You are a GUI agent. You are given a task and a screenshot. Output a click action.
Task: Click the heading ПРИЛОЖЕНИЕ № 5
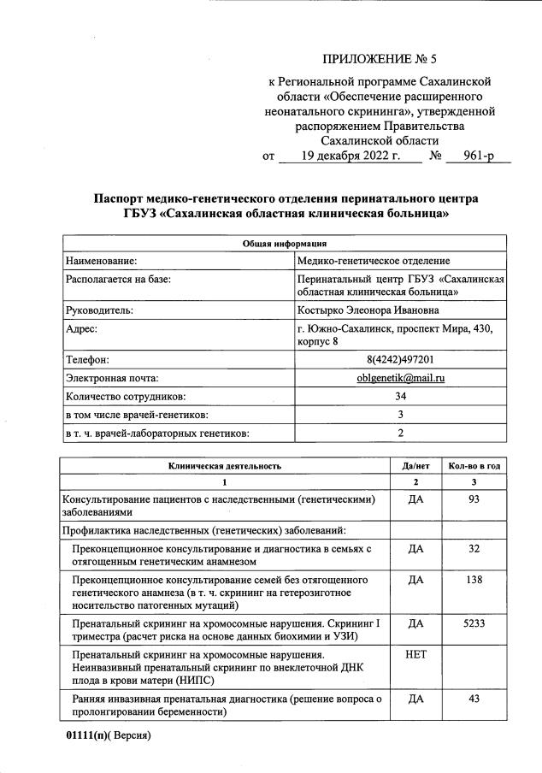point(380,59)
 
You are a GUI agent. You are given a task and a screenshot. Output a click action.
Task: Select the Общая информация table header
point(286,244)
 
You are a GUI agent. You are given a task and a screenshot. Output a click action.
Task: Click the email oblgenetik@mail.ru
point(401,378)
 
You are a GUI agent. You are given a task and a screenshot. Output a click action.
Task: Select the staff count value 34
point(400,397)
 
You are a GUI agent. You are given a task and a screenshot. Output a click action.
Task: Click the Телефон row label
point(88,359)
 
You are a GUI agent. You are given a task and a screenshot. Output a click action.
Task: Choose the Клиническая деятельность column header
point(225,466)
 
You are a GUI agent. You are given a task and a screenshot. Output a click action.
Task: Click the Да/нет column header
point(415,466)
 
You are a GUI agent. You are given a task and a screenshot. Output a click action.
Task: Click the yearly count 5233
point(474,623)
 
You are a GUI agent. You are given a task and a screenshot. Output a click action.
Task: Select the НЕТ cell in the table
point(415,655)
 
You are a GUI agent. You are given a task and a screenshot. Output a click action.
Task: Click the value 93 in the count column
point(474,499)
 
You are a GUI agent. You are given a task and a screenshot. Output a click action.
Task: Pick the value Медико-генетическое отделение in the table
point(373,260)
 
